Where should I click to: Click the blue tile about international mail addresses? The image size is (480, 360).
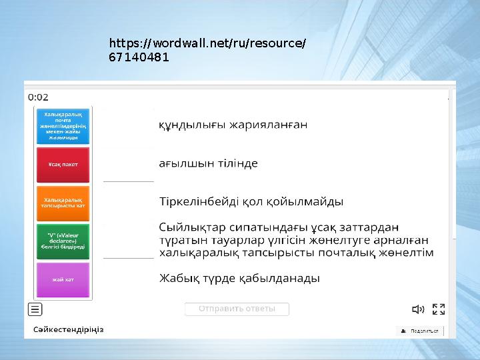click(x=63, y=126)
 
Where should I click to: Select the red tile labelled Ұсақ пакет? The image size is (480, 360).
click(x=63, y=165)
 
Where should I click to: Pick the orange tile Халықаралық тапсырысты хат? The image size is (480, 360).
click(x=63, y=203)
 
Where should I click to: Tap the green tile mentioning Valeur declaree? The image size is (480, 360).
click(x=63, y=241)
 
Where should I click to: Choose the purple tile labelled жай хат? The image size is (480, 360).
click(x=63, y=280)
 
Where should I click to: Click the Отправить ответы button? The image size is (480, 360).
click(x=237, y=309)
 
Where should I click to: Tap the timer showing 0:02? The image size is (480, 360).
click(x=38, y=97)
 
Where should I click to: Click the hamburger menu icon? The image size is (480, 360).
click(x=35, y=309)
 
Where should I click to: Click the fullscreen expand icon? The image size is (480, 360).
click(x=439, y=309)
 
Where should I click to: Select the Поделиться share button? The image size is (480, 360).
click(x=419, y=331)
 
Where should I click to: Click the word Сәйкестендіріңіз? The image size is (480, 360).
click(x=69, y=330)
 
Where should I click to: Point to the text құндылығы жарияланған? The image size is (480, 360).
click(x=233, y=125)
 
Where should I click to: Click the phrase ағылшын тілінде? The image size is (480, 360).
click(x=208, y=163)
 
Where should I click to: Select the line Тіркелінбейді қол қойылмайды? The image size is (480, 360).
click(x=251, y=201)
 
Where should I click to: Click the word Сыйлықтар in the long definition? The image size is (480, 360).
click(x=187, y=227)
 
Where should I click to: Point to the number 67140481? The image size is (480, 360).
click(x=139, y=58)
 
